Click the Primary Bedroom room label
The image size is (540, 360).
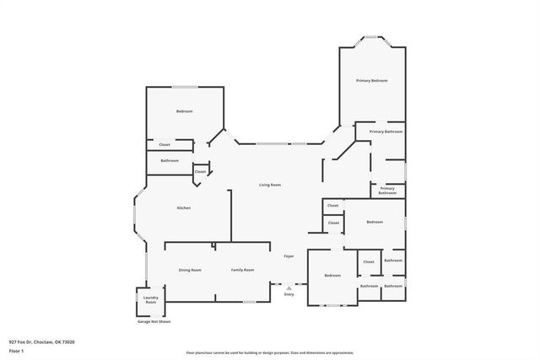coord(371,80)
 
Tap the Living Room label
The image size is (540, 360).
coord(269,185)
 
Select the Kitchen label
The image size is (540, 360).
coord(183,208)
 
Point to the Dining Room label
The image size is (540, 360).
coord(190,270)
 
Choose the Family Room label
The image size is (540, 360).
coord(243,270)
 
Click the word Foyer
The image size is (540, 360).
coord(289,255)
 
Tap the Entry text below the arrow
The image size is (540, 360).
coord(289,294)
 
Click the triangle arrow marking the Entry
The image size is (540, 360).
coord(289,287)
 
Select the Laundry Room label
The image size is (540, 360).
coord(150,299)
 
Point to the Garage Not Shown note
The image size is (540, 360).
coord(154,321)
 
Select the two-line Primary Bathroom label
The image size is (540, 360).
coord(387,191)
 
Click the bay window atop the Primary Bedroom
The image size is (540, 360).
coord(371,37)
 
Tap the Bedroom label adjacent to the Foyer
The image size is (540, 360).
coord(332,275)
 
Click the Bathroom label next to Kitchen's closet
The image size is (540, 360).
coord(170,160)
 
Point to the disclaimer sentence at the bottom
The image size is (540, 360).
coord(269,352)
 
